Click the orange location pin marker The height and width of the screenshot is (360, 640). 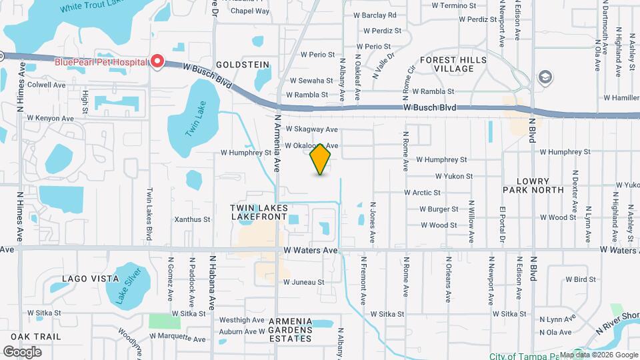321,159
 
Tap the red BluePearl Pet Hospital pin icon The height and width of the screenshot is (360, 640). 157,61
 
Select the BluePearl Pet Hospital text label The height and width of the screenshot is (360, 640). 100,62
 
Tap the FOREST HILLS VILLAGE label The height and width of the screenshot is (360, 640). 453,64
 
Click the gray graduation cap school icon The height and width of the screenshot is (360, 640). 545,78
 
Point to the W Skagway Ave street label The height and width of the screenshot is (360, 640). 311,129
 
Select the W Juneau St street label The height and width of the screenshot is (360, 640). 303,282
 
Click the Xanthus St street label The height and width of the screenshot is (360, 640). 192,219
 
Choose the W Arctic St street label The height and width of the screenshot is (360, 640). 422,193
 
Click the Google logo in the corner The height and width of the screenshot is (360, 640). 23,351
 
